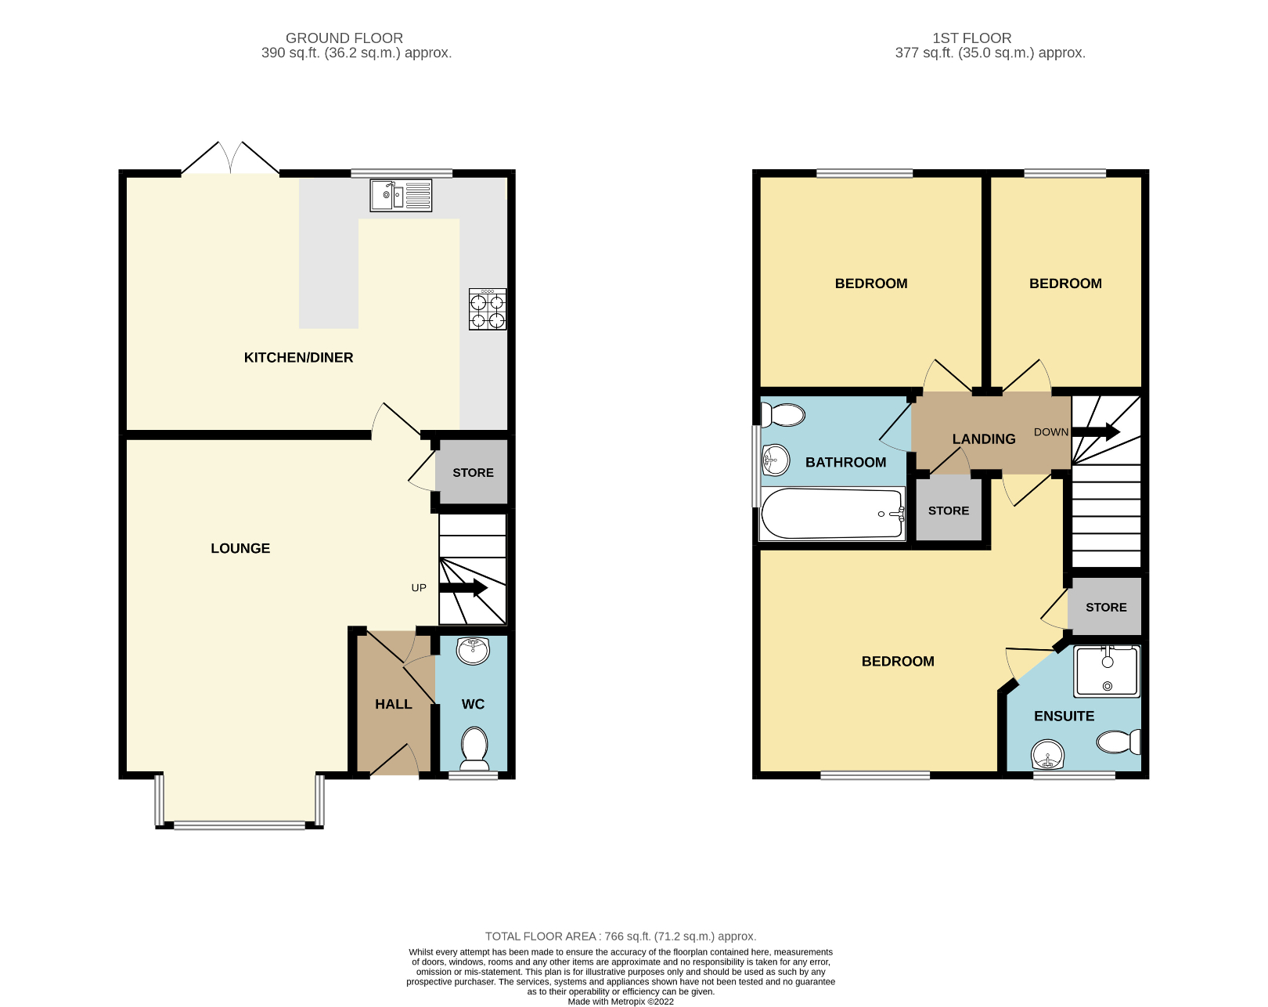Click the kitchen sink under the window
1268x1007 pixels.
[400, 195]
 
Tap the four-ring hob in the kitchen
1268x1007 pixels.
[487, 309]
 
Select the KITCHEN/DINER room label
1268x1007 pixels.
[298, 358]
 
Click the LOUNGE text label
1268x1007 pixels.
[240, 549]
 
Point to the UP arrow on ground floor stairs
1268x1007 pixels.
[463, 588]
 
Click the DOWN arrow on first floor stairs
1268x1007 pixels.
[1096, 431]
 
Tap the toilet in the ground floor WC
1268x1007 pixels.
[474, 747]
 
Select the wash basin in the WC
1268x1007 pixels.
[472, 649]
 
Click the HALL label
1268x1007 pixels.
[393, 705]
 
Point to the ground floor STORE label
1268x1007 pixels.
[473, 473]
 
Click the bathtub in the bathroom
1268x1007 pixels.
[832, 514]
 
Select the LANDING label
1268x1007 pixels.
[984, 439]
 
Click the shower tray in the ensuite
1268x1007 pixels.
[1107, 671]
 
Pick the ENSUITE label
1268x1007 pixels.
[1064, 716]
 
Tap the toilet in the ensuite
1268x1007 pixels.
[1119, 741]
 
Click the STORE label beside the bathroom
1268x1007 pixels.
[948, 511]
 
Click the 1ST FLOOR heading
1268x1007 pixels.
[971, 38]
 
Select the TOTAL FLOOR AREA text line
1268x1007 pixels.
[620, 937]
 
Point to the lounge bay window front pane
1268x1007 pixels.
[240, 825]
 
